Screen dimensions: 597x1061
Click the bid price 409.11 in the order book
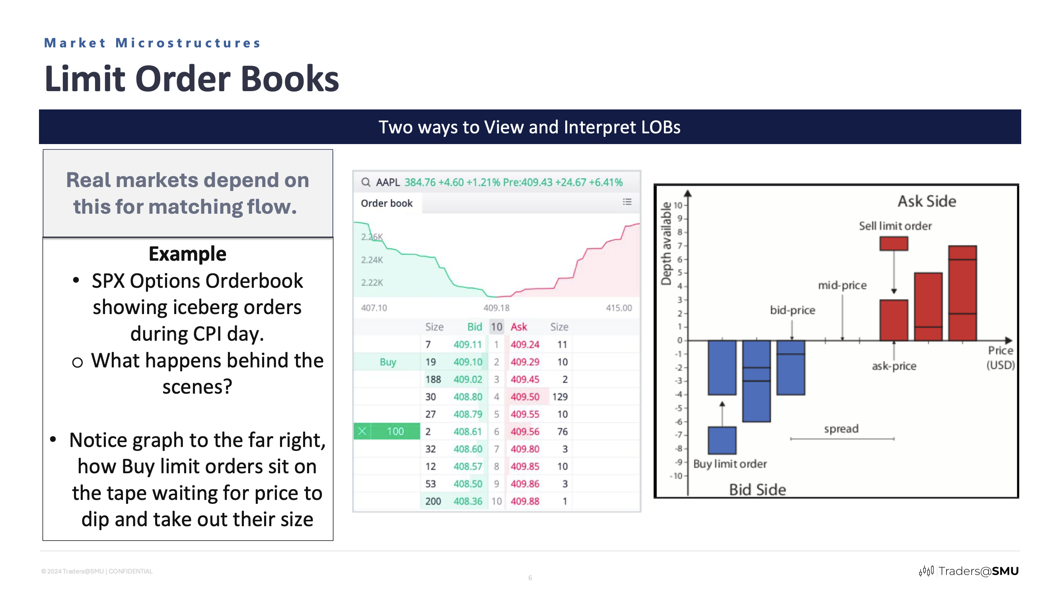point(467,344)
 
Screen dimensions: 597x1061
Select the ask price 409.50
point(525,397)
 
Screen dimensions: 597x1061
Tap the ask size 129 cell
point(560,397)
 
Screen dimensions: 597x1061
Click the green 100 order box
point(395,431)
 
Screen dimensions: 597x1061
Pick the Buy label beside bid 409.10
point(387,362)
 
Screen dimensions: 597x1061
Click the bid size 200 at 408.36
point(433,501)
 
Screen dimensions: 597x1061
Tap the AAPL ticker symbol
point(387,183)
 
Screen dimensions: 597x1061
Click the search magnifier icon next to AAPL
point(365,183)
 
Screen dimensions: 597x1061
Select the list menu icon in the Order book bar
point(627,202)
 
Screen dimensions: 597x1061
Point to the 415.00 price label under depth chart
point(618,308)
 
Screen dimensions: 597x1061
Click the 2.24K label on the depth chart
point(372,260)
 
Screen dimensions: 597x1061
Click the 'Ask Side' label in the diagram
point(927,201)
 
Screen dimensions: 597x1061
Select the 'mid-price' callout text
point(842,285)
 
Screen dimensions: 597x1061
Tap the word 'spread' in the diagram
point(841,429)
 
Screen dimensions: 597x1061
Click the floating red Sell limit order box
point(894,244)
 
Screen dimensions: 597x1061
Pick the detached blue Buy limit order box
point(722,441)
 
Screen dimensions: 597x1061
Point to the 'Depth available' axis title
point(666,244)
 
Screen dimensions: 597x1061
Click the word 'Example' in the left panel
point(187,254)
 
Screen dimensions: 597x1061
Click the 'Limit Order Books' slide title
point(191,79)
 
